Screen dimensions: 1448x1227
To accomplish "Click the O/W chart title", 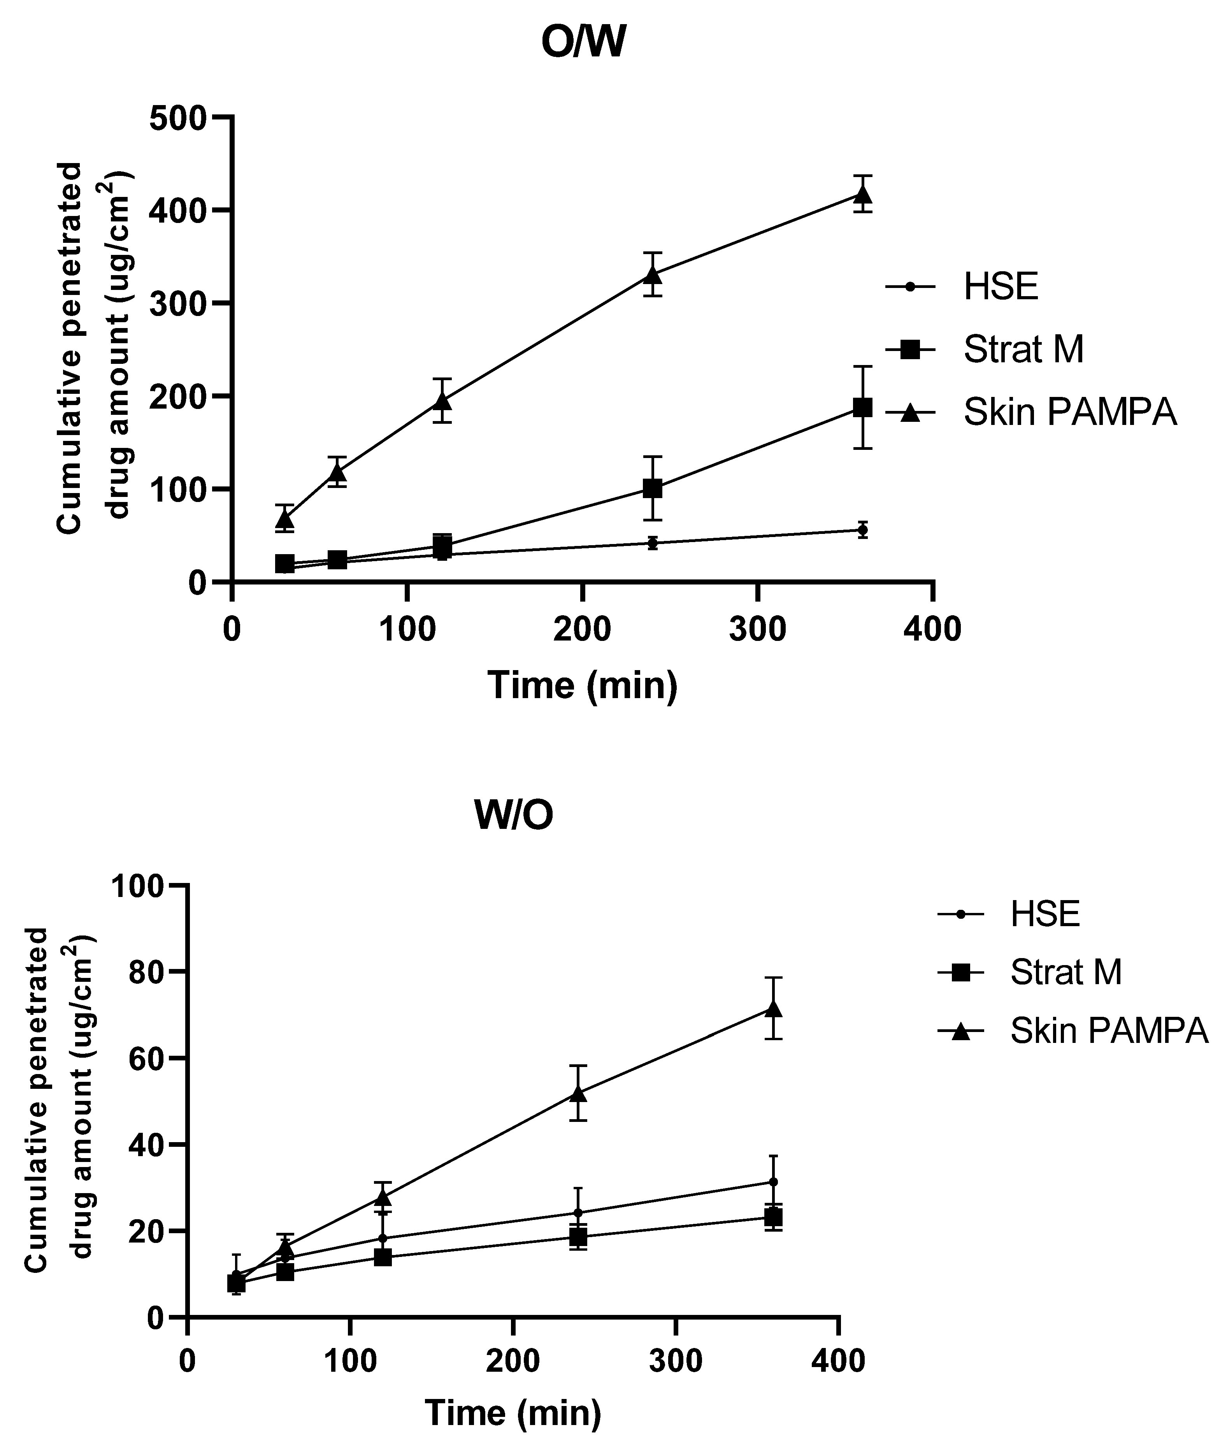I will [583, 43].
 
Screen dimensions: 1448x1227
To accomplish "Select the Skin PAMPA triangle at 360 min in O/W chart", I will [862, 194].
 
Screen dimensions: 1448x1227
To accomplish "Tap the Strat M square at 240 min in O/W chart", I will [652, 489].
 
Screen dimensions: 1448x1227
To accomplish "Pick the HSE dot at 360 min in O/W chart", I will [862, 530].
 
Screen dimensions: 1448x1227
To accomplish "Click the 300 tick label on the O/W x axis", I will [757, 629].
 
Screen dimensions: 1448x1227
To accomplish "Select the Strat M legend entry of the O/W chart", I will [1023, 350].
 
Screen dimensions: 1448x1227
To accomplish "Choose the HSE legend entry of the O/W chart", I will [1000, 286].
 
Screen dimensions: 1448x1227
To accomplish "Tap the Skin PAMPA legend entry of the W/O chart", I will [1108, 1031].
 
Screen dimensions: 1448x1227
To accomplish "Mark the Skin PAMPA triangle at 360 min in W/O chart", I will [773, 1008].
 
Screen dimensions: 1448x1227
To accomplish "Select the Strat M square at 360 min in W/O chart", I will [773, 1217].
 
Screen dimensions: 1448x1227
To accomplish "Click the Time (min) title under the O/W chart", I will [583, 685].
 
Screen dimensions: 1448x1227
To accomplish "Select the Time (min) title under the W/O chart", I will [513, 1412].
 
